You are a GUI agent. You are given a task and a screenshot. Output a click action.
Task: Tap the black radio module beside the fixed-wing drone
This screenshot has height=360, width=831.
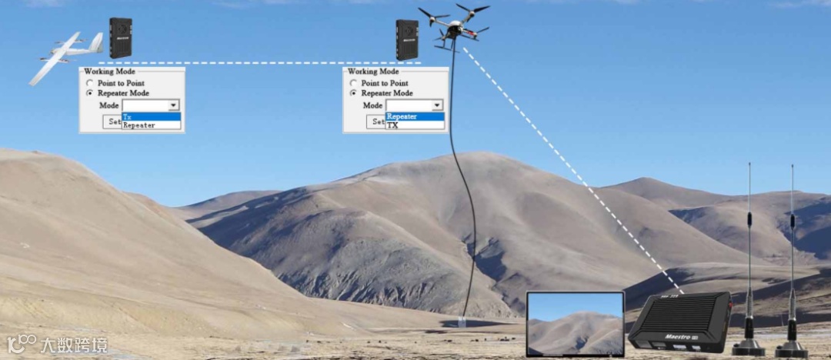pyautogui.click(x=120, y=38)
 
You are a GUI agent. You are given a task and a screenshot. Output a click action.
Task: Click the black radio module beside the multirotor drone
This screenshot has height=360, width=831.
pyautogui.click(x=407, y=39)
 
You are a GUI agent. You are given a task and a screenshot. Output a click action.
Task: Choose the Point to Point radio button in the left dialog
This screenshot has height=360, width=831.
pyautogui.click(x=90, y=83)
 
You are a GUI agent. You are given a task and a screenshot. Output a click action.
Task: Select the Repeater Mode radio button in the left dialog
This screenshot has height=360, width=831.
pyautogui.click(x=90, y=93)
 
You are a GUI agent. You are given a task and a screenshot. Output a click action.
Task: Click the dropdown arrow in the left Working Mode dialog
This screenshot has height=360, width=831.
pyautogui.click(x=173, y=105)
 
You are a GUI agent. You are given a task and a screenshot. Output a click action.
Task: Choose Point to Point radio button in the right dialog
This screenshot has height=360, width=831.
pyautogui.click(x=354, y=83)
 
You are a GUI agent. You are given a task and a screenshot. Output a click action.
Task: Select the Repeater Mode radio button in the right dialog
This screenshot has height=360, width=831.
pyautogui.click(x=354, y=93)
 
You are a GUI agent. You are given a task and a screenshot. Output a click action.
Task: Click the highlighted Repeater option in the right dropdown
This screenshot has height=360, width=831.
pyautogui.click(x=415, y=117)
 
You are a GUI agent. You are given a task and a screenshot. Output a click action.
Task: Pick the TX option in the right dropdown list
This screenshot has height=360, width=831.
pyautogui.click(x=415, y=125)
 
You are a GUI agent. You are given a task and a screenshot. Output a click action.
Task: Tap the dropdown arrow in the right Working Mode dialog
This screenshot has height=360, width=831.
pyautogui.click(x=437, y=105)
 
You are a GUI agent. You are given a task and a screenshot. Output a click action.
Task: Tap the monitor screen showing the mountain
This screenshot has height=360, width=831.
pyautogui.click(x=575, y=324)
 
